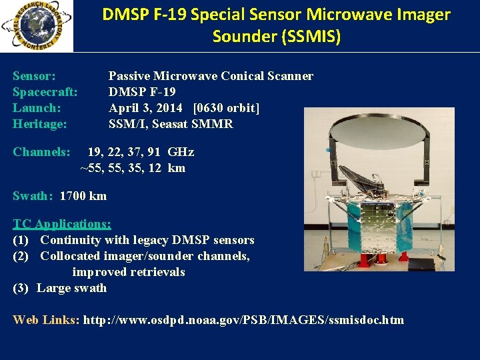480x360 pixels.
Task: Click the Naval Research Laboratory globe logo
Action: click(35, 26)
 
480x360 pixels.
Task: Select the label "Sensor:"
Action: click(34, 76)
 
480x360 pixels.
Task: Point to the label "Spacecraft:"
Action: click(45, 92)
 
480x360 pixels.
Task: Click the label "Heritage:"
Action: click(40, 124)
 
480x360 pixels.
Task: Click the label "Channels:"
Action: click(41, 152)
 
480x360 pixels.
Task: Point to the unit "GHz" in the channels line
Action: click(181, 152)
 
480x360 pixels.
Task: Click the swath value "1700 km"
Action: click(83, 196)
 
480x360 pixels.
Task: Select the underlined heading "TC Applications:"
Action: click(62, 224)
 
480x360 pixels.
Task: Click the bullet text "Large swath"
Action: click(71, 288)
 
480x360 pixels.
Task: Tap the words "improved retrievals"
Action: click(129, 272)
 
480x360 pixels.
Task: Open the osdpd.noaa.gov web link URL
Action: click(242, 320)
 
